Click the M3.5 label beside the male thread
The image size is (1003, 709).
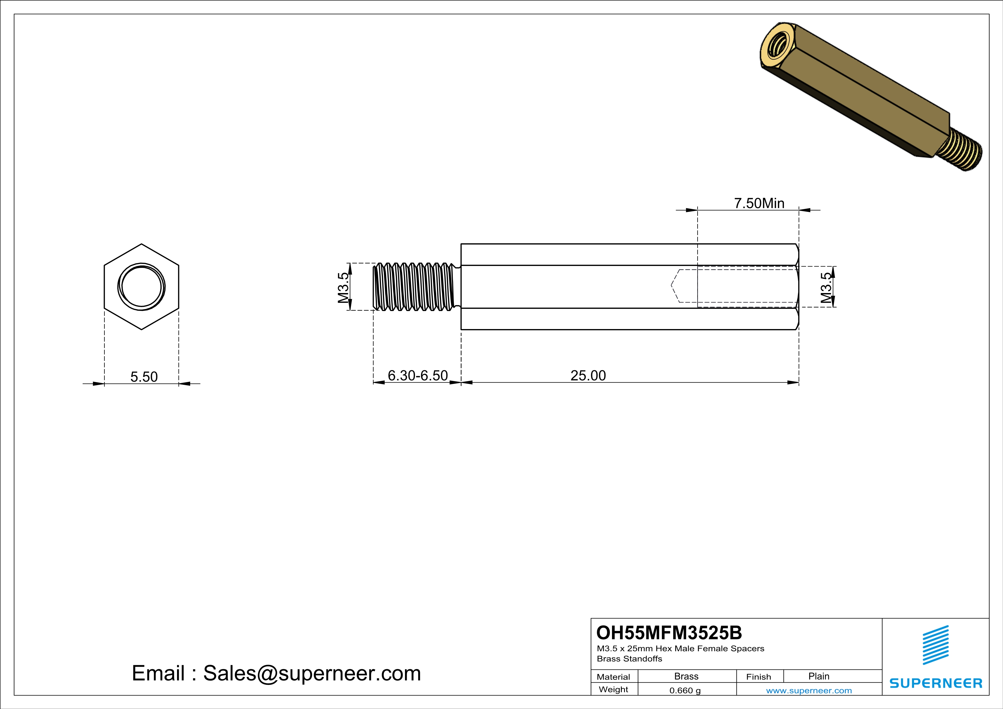click(343, 287)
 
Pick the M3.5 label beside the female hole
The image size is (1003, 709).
click(826, 288)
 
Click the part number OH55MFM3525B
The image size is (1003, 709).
click(669, 633)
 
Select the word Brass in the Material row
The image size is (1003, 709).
click(686, 676)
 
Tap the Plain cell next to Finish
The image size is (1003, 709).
click(819, 676)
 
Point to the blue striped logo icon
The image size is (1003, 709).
click(935, 645)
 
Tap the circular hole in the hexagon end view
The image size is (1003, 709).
click(142, 287)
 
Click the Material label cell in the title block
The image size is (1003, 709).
click(613, 677)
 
